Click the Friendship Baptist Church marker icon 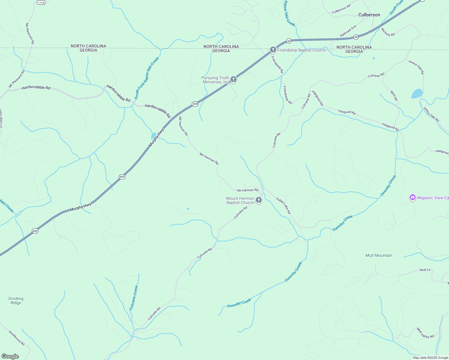[x=273, y=49]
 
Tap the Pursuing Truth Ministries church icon [x=234, y=79]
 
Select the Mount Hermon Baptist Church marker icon [x=259, y=200]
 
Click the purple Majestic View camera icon [x=413, y=197]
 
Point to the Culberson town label [x=369, y=15]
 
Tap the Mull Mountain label [x=379, y=255]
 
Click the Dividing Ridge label [x=16, y=301]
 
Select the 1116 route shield [x=41, y=2]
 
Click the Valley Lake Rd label [x=284, y=205]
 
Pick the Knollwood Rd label [x=17, y=338]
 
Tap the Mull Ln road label [x=425, y=270]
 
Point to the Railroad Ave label [x=348, y=31]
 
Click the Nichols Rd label [x=388, y=32]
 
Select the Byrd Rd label [x=394, y=95]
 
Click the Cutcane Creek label [x=134, y=298]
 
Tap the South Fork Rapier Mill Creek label [x=146, y=78]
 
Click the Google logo [x=10, y=356]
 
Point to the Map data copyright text [x=430, y=358]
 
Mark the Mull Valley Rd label [x=425, y=333]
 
